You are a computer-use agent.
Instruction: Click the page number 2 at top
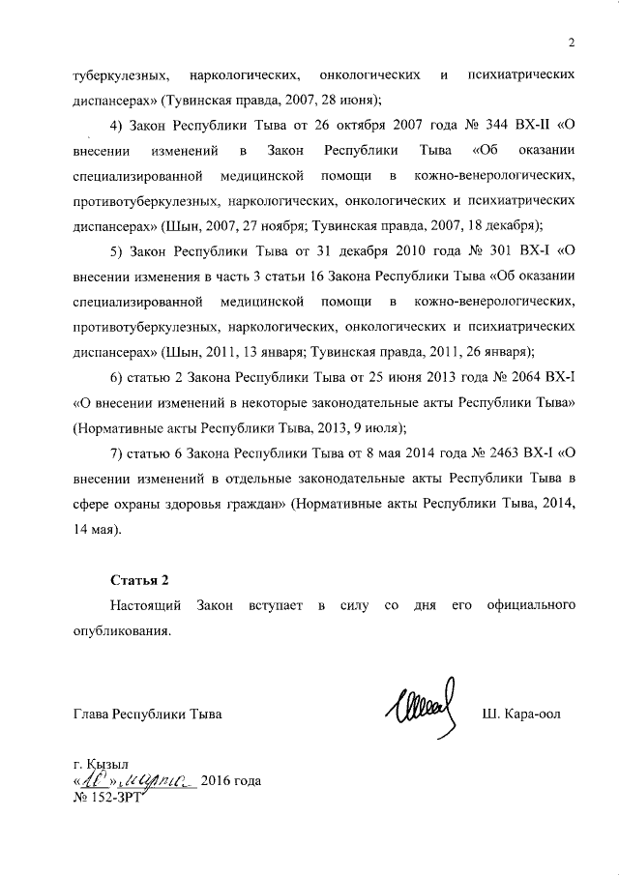(x=572, y=42)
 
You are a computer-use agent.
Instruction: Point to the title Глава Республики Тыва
(x=148, y=715)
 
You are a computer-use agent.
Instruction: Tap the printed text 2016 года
(x=232, y=779)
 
